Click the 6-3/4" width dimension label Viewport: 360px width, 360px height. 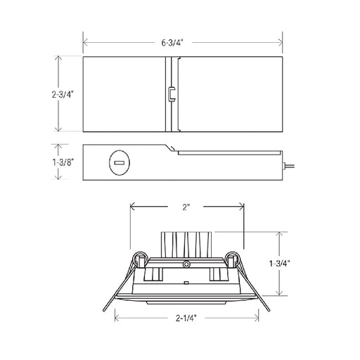[172, 43]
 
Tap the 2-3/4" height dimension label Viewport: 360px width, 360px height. [63, 94]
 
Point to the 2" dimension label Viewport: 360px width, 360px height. [186, 207]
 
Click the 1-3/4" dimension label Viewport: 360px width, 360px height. [280, 264]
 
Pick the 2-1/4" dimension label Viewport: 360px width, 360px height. [186, 318]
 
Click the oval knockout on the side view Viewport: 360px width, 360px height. [120, 162]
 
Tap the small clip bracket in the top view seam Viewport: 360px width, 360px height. [172, 94]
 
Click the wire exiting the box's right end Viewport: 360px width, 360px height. [289, 167]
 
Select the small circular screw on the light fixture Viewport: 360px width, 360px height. [186, 264]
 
